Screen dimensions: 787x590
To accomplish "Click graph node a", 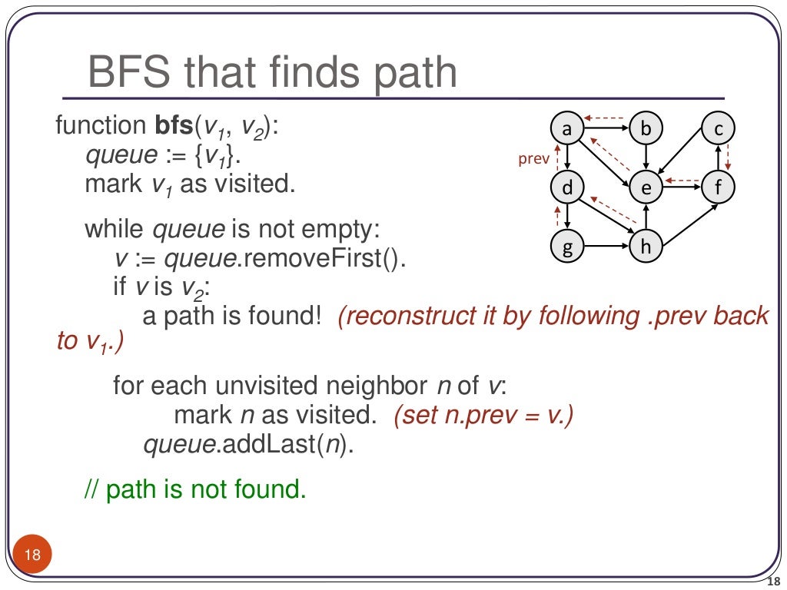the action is (567, 129).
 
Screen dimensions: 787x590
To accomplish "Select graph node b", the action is (646, 129).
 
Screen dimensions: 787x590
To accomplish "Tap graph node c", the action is (719, 129).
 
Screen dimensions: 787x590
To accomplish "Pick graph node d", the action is (567, 188).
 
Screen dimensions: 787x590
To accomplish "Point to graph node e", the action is (646, 188).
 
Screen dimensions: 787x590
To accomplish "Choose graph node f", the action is (719, 188).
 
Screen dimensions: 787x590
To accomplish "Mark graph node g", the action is (567, 247).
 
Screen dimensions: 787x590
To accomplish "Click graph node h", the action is (646, 247).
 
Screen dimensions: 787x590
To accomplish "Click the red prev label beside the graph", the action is (534, 160).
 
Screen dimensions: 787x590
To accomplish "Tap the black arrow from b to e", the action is (646, 158).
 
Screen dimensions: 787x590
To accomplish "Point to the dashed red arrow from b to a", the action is (606, 118).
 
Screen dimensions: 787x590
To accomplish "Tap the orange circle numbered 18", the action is (32, 555).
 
